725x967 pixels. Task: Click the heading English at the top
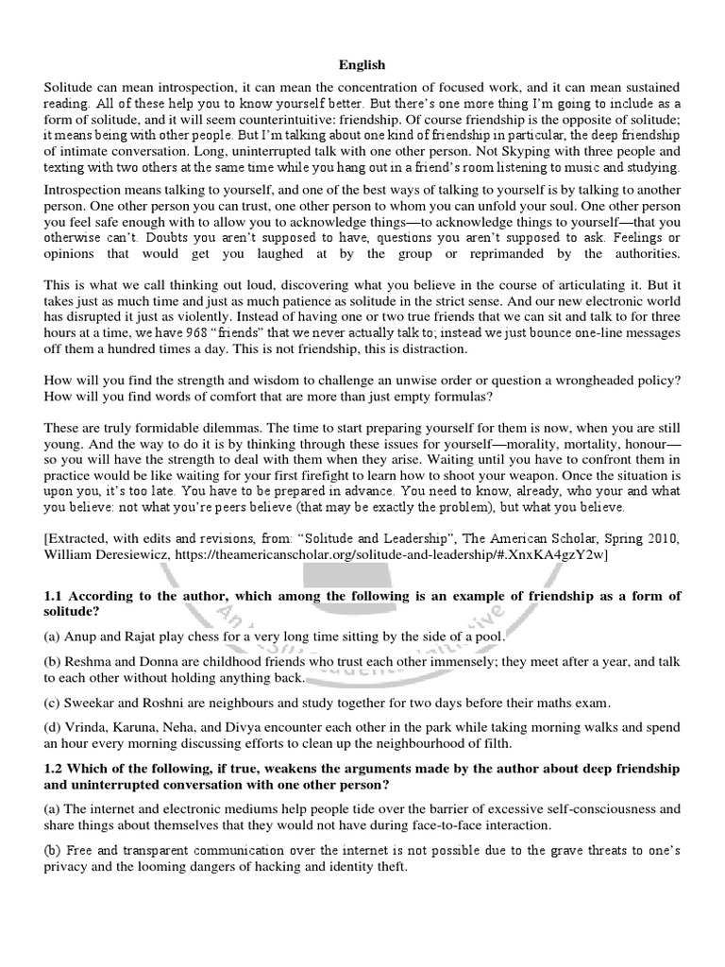click(362, 65)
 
